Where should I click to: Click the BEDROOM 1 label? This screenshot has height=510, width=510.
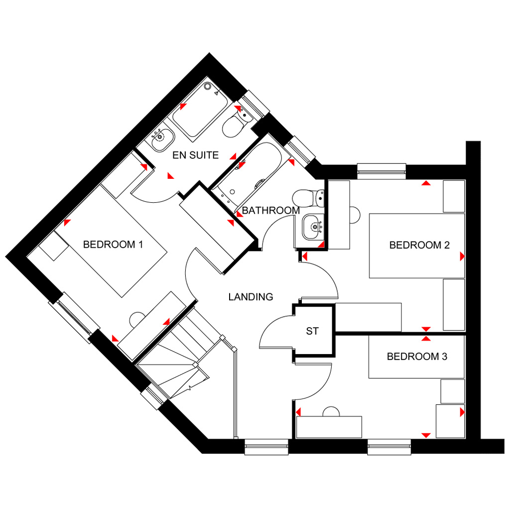pos(109,245)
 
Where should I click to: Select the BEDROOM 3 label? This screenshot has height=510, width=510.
pos(417,357)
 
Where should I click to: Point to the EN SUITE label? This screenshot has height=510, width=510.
pos(195,155)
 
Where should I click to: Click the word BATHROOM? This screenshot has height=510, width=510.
pos(271,211)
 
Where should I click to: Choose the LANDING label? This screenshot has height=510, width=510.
pos(251,297)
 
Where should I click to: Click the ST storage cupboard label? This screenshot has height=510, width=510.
pos(312,331)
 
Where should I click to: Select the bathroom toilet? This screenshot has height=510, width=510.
pos(306,198)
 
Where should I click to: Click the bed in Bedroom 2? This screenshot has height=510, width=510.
pos(416,246)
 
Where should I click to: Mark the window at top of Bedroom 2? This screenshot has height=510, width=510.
pos(382,171)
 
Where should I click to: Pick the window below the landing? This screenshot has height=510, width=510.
pos(266,447)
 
